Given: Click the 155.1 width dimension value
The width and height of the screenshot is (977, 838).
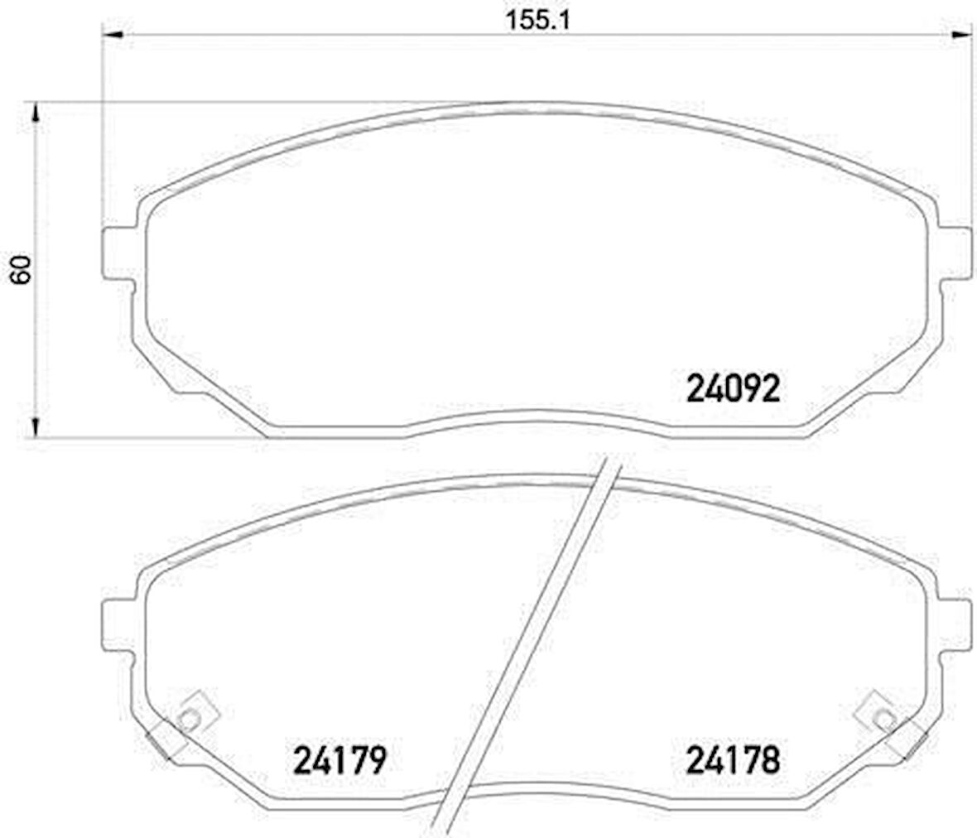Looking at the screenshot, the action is click(537, 21).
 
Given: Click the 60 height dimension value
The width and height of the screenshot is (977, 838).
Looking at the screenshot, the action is click(21, 269).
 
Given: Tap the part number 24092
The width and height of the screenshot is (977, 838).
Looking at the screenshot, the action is click(733, 388).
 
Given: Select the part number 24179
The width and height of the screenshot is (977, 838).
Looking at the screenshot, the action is click(340, 759).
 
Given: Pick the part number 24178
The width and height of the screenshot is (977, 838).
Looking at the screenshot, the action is click(733, 759).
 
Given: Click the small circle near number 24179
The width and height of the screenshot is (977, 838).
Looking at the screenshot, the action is click(189, 720).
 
